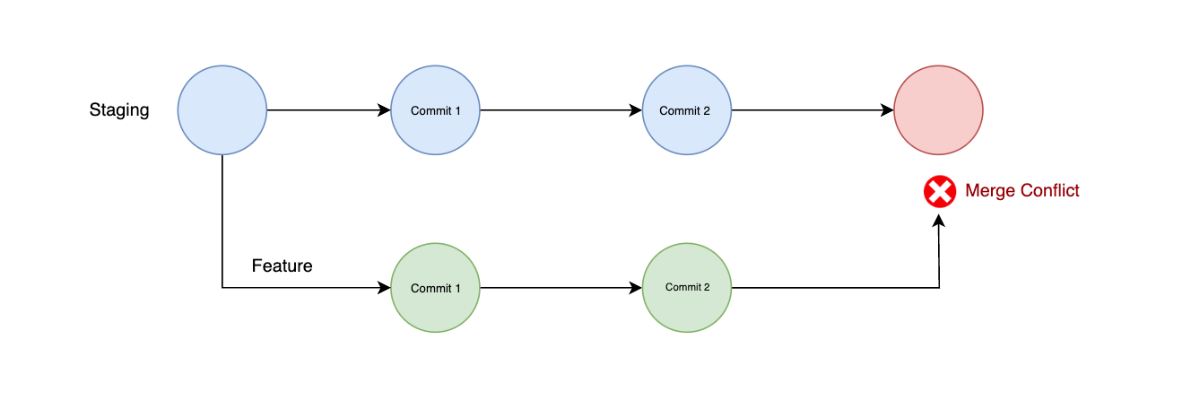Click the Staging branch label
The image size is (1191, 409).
click(119, 110)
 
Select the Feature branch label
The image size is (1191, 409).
click(282, 266)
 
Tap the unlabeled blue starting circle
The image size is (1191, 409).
click(222, 110)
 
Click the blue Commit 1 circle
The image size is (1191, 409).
click(436, 110)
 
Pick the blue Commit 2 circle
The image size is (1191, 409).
click(687, 110)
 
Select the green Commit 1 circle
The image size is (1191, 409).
click(436, 288)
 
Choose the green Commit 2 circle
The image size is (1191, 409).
click(687, 288)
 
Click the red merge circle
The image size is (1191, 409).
click(939, 110)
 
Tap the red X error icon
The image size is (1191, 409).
click(939, 191)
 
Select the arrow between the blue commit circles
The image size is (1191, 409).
click(561, 110)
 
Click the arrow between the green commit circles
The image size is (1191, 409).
click(561, 288)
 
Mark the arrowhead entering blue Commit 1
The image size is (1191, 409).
click(385, 110)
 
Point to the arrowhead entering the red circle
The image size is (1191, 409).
click(888, 110)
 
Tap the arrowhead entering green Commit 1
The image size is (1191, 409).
click(385, 288)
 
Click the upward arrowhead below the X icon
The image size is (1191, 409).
click(939, 219)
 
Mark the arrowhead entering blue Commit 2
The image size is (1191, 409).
click(636, 110)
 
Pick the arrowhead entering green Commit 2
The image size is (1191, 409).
click(636, 288)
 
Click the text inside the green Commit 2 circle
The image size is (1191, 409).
click(687, 287)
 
